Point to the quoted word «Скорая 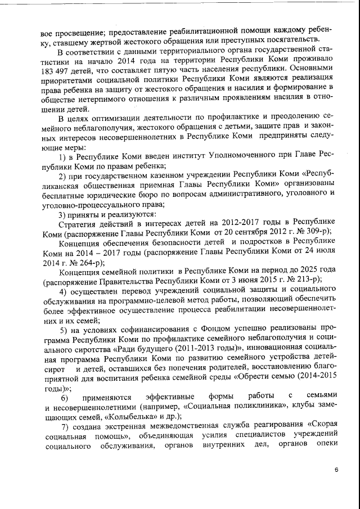point(323,427)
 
